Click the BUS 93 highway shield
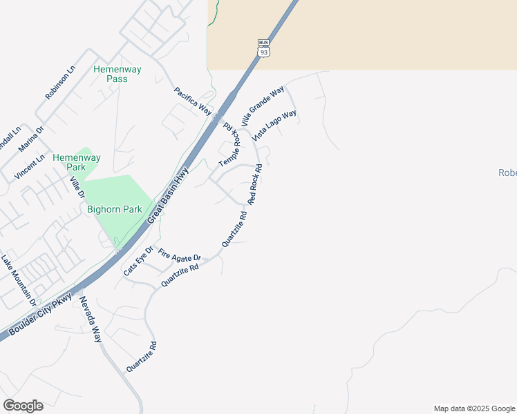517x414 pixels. [x=263, y=47]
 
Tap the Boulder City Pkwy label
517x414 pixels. [x=37, y=319]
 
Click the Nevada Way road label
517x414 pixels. [x=91, y=319]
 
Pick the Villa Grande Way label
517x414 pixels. [x=263, y=105]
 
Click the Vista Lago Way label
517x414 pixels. [x=274, y=125]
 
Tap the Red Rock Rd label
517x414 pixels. [x=255, y=183]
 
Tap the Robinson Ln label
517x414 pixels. [x=60, y=83]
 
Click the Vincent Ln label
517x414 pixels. [x=29, y=168]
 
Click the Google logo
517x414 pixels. [x=23, y=406]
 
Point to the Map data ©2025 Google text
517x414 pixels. [x=473, y=408]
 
